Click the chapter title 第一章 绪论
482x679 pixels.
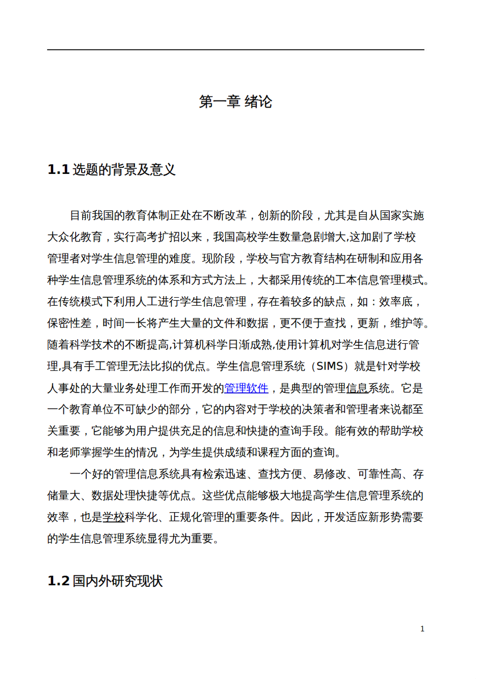pos(235,102)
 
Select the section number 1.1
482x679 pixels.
pos(58,170)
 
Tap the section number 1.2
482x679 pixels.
pos(58,581)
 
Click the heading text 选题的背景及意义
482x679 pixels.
pos(124,170)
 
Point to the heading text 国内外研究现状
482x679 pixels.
pos(117,581)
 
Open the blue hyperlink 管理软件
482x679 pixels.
pos(246,388)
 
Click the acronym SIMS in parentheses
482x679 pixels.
pos(329,367)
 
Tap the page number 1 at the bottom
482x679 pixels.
pos(422,629)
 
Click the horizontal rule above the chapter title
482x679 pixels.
pos(235,50)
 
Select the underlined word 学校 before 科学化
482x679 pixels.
pos(114,517)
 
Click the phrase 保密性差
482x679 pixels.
pos(70,324)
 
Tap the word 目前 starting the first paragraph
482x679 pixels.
pos(81,216)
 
